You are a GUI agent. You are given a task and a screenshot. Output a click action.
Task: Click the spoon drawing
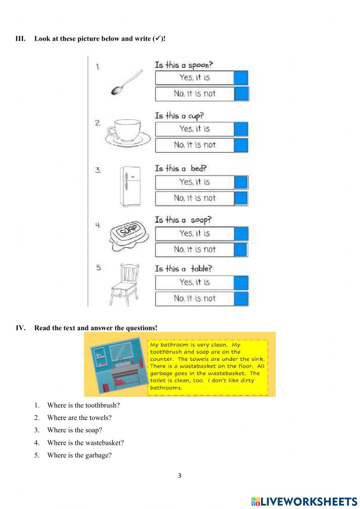click(x=127, y=82)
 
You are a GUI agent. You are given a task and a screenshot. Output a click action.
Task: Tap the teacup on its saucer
click(x=128, y=133)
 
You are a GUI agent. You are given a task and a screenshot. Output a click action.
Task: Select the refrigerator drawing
click(x=130, y=186)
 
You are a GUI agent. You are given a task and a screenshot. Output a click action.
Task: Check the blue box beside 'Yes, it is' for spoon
click(x=241, y=78)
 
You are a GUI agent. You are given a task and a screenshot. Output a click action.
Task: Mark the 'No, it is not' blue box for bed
click(x=241, y=198)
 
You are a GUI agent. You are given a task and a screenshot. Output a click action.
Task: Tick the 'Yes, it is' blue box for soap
click(x=241, y=233)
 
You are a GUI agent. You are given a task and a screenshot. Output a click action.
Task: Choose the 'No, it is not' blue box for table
click(x=241, y=299)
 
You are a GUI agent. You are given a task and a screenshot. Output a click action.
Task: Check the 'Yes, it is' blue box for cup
click(x=241, y=129)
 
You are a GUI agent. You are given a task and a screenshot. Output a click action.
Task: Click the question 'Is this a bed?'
click(x=181, y=169)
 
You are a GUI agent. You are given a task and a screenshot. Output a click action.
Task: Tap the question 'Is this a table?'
click(x=184, y=269)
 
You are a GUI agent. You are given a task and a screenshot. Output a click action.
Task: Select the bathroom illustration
click(x=120, y=365)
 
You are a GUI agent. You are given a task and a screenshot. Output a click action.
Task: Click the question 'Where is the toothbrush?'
click(x=84, y=405)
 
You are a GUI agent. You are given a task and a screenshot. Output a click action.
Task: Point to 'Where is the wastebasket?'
click(x=85, y=443)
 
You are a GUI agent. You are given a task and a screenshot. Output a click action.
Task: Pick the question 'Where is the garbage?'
click(x=79, y=455)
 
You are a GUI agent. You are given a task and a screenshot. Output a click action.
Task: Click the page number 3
click(x=180, y=475)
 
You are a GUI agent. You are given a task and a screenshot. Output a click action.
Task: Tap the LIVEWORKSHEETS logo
click(x=304, y=501)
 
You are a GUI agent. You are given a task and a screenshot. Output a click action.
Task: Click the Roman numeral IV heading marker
click(x=21, y=328)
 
